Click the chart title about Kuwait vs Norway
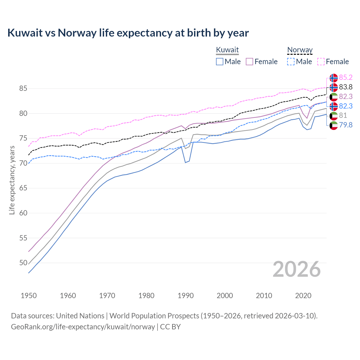(128, 33)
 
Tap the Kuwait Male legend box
(220, 62)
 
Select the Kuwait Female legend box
(249, 62)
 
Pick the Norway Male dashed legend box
(291, 62)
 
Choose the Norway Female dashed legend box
(321, 62)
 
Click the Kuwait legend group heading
(227, 50)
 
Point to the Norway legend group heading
(300, 50)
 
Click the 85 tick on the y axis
(23, 88)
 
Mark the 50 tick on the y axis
(23, 263)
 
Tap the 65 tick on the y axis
(23, 188)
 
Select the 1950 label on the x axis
(29, 296)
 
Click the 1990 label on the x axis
(186, 296)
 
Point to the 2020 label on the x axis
(303, 296)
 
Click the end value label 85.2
(346, 77)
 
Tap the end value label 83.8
(346, 87)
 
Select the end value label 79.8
(346, 125)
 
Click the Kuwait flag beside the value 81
(334, 116)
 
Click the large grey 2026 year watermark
(297, 269)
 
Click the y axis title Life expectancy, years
(12, 180)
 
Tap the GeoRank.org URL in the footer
(83, 327)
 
